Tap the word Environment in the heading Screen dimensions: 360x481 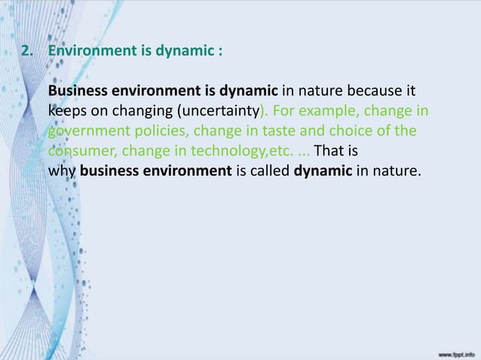click(87, 53)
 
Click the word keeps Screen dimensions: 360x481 click(66, 112)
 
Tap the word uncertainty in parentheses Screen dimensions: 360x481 click(218, 112)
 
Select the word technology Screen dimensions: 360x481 click(231, 151)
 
